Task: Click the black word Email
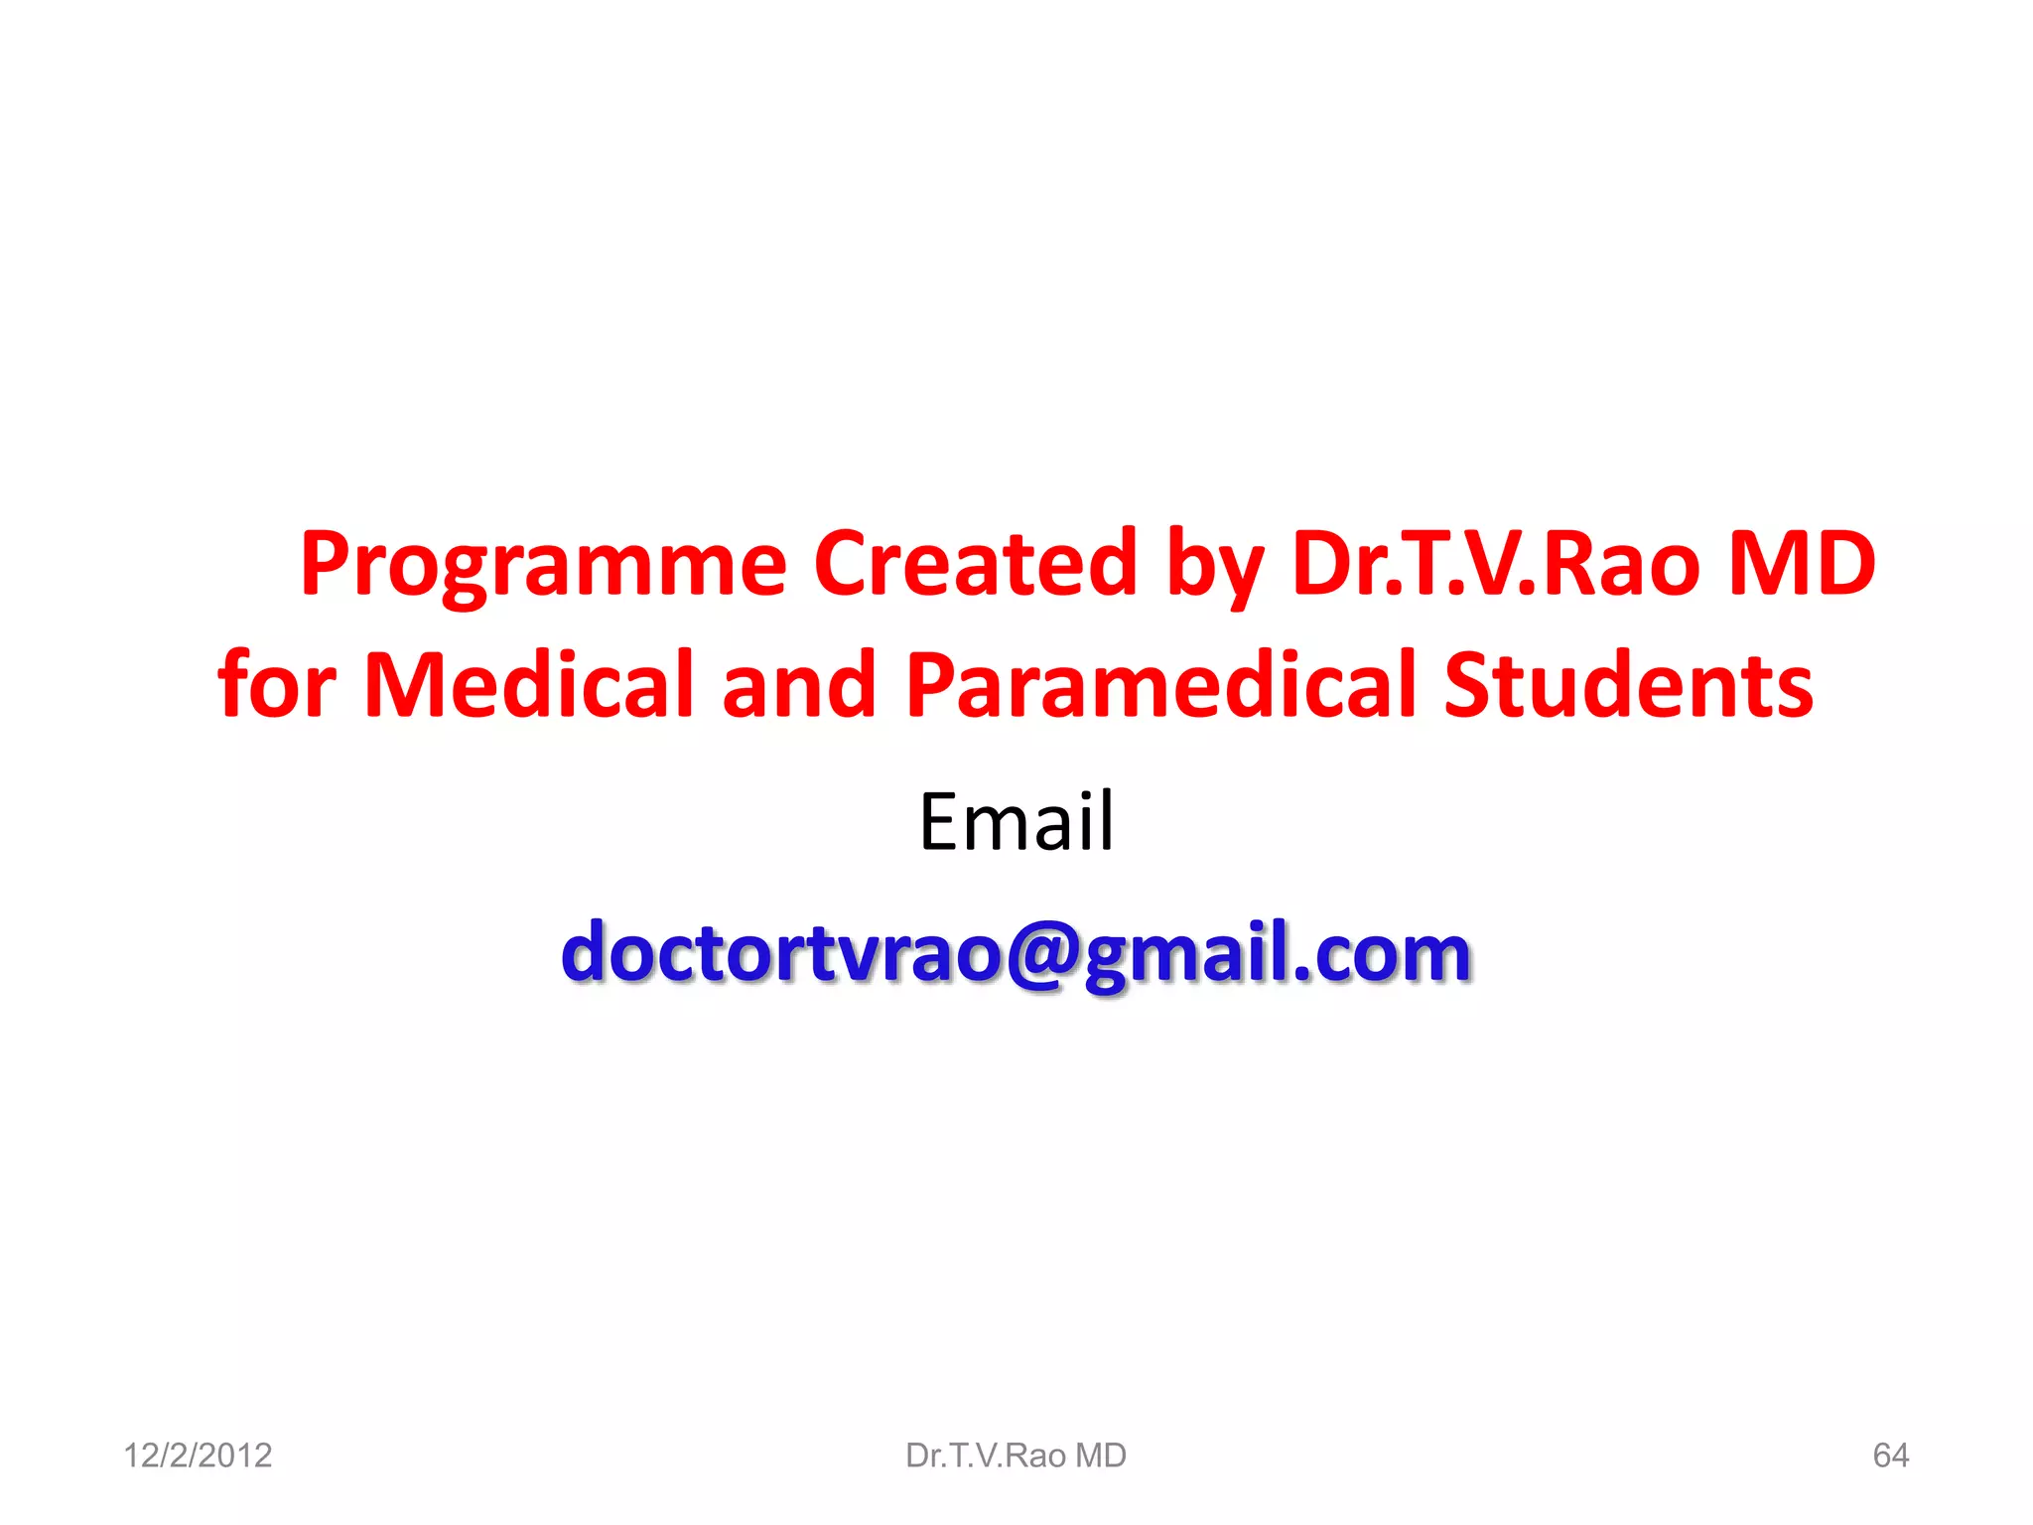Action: (1016, 821)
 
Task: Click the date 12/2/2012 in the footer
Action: (198, 1456)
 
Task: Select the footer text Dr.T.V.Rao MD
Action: (1016, 1456)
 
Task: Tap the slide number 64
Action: (1890, 1456)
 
